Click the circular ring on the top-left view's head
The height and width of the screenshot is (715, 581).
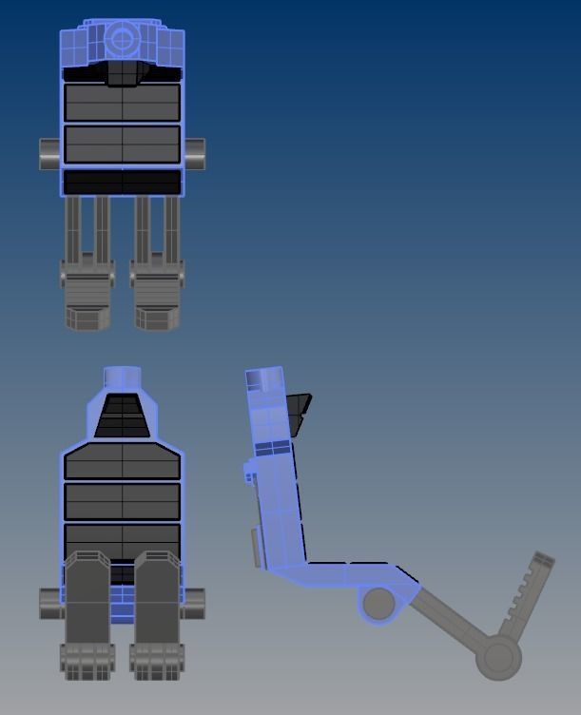click(x=122, y=40)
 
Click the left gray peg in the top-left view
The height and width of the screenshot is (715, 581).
click(x=49, y=154)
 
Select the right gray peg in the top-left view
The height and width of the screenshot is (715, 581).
click(x=194, y=153)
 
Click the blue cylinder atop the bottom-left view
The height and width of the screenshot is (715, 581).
click(x=122, y=377)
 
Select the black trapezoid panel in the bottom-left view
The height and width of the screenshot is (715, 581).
click(x=122, y=415)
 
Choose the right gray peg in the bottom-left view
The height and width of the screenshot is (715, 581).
click(x=195, y=601)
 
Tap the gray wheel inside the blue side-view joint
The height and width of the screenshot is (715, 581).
click(x=378, y=603)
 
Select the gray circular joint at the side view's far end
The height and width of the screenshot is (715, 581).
click(x=498, y=657)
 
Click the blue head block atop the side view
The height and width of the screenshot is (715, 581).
click(x=265, y=381)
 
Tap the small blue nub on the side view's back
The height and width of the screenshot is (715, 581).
click(x=249, y=470)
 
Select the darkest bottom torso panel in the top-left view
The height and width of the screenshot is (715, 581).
click(x=122, y=181)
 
